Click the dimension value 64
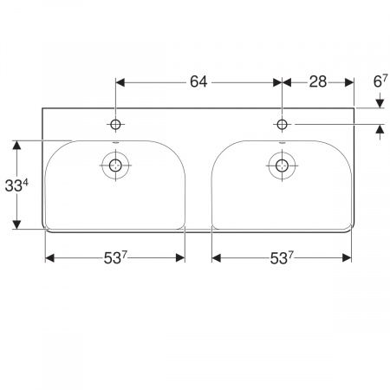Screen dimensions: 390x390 198,81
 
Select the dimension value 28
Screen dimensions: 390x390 318,81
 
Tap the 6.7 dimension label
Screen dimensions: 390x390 380,81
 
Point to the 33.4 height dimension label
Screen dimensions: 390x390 16,185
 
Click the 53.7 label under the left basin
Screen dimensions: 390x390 115,257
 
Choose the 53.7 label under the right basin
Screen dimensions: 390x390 282,257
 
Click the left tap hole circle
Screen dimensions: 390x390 115,125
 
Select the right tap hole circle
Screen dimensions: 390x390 282,125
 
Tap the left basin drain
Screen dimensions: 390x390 115,166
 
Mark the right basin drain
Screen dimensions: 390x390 282,166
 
